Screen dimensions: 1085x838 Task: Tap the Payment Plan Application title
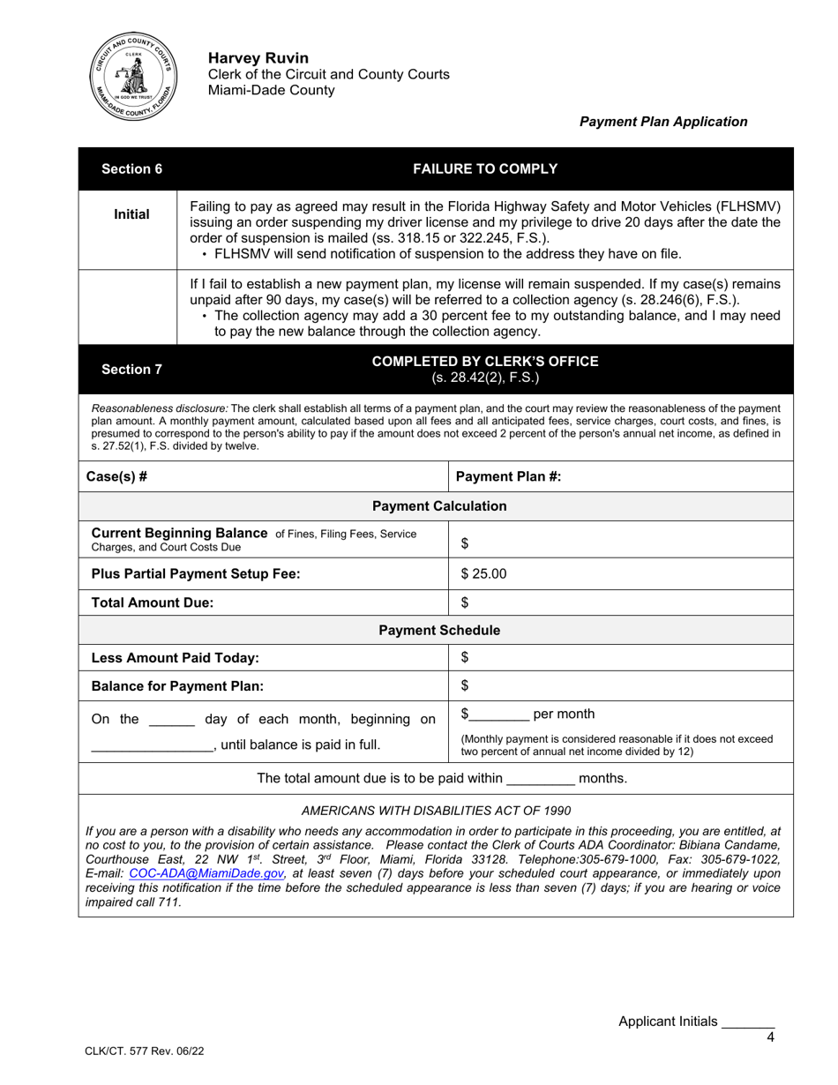[x=662, y=123]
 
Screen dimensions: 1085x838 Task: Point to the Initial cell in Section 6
[x=131, y=214]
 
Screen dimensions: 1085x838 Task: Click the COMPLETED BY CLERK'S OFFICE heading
[x=485, y=362]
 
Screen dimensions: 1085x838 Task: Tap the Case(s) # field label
[x=116, y=477]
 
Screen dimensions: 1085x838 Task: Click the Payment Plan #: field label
[x=508, y=477]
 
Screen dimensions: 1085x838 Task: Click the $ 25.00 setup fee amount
[x=484, y=573]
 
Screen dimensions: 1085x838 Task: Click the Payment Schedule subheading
[x=439, y=631]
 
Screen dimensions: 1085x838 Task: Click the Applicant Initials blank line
[x=747, y=1023]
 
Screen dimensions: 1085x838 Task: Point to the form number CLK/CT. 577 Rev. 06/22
[x=134, y=1051]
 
